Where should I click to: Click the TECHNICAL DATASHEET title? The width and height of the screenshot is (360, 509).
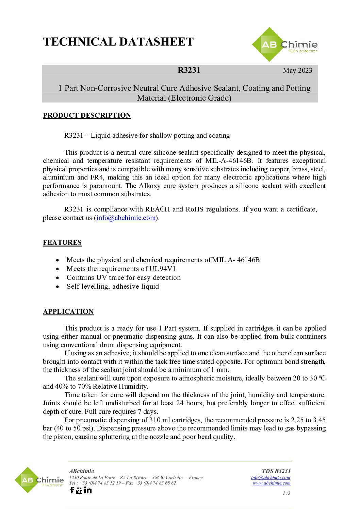(x=118, y=42)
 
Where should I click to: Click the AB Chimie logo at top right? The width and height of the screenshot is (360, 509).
(x=285, y=45)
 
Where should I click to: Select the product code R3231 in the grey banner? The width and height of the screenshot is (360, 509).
(x=189, y=70)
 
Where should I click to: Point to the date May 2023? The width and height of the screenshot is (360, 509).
(x=297, y=70)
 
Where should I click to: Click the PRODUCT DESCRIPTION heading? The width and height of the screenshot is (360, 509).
(x=87, y=115)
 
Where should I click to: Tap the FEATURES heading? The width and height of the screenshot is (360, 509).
(x=62, y=242)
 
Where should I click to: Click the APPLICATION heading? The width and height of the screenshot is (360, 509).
(x=68, y=311)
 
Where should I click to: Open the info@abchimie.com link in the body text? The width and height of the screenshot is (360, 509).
(x=126, y=218)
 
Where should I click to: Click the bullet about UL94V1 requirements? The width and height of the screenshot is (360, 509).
(x=121, y=269)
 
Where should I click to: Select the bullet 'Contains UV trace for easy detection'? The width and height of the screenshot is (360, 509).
(x=124, y=277)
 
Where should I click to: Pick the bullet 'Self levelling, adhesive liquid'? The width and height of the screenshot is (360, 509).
(x=113, y=286)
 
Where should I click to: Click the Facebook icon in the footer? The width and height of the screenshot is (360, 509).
(x=72, y=490)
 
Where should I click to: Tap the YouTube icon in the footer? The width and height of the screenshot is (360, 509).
(x=79, y=490)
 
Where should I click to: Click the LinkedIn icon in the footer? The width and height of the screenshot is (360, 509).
(x=88, y=490)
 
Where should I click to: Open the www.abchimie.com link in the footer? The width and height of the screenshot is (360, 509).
(x=272, y=483)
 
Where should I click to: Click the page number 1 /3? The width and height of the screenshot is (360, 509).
(x=287, y=493)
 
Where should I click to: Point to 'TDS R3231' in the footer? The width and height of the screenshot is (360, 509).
(x=276, y=471)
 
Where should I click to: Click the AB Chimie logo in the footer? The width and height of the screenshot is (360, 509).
(x=39, y=480)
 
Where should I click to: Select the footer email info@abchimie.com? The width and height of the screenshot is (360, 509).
(x=271, y=477)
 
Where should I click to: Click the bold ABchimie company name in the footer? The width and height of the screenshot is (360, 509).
(x=82, y=471)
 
